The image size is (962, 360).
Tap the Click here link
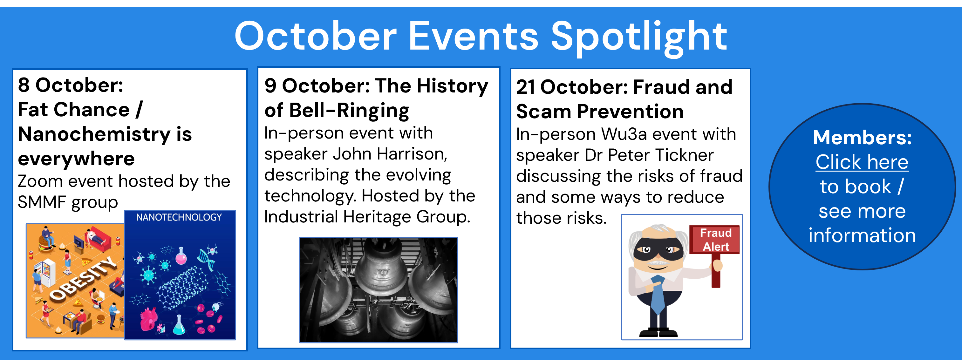point(862,162)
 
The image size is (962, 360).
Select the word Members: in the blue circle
point(862,138)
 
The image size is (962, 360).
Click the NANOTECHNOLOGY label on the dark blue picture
point(179,217)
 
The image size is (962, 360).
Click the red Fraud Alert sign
point(714,239)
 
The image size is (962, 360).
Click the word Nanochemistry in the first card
point(94,134)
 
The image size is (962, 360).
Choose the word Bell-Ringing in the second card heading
point(349,111)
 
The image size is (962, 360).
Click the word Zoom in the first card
point(40,181)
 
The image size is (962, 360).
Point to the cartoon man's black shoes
point(658,332)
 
